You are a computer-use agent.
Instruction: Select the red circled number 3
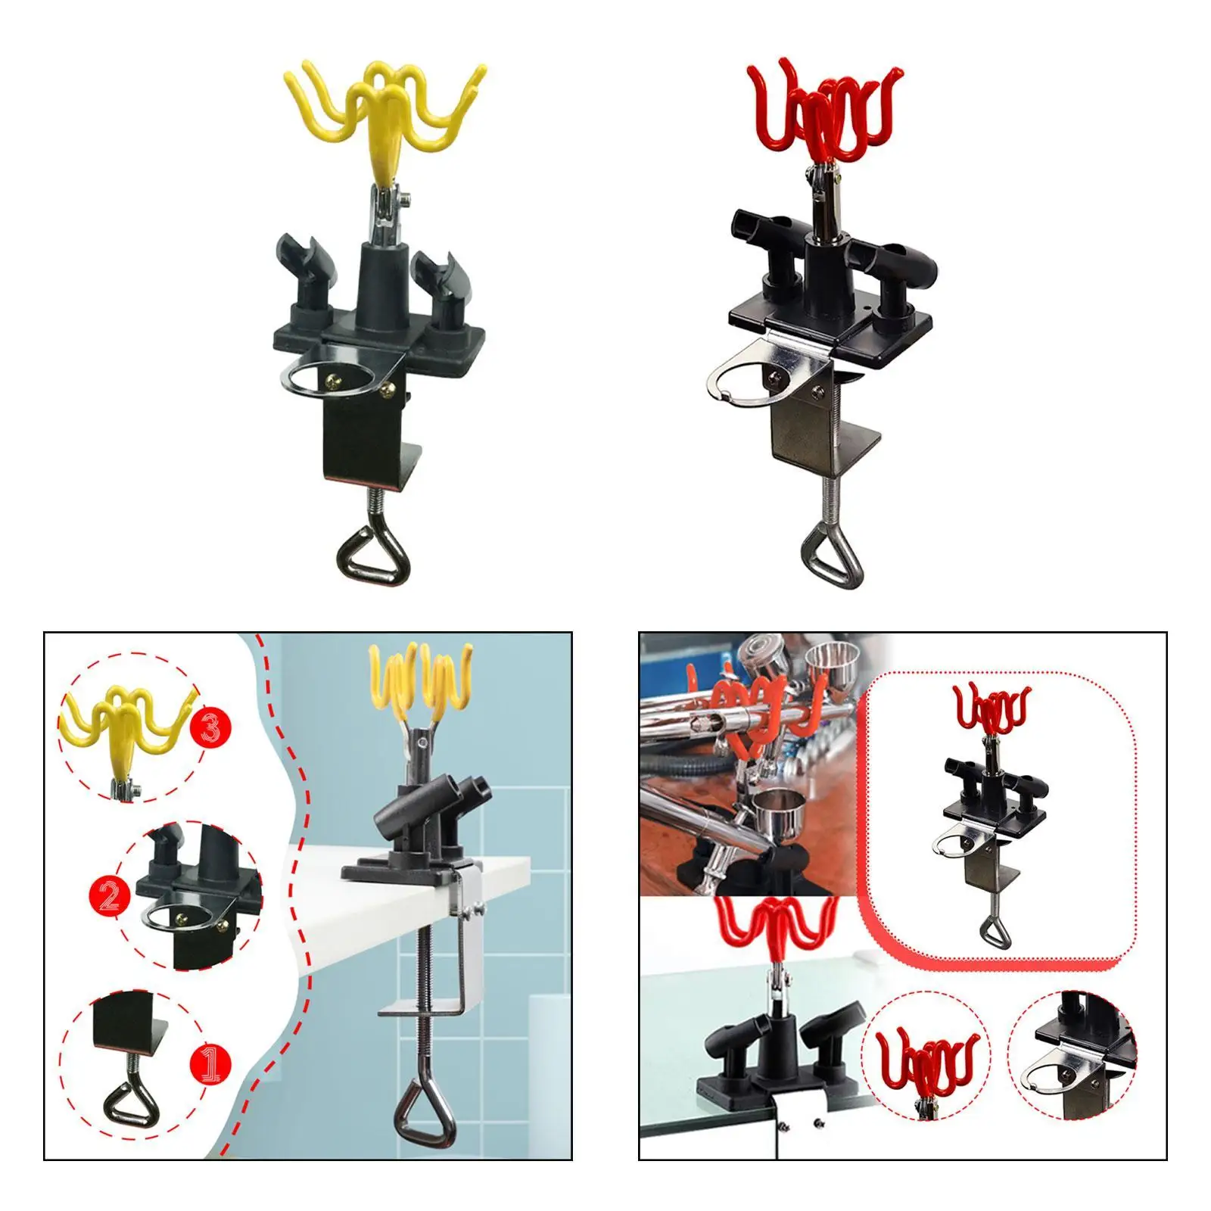[x=210, y=727]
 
